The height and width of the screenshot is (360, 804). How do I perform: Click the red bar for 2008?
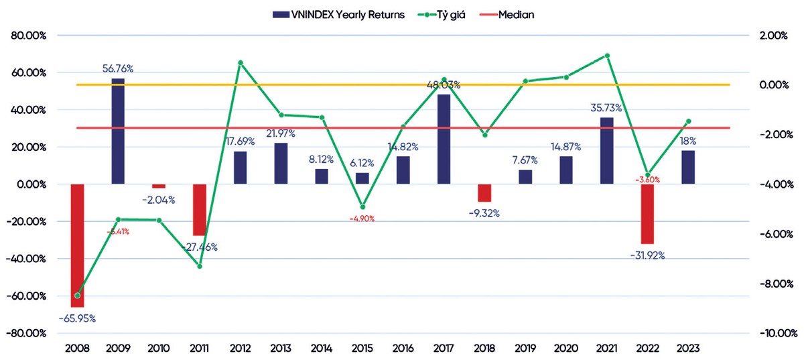pyautogui.click(x=77, y=245)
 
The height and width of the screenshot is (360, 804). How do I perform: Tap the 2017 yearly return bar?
pyautogui.click(x=444, y=139)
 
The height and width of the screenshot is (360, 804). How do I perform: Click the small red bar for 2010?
pyautogui.click(x=158, y=186)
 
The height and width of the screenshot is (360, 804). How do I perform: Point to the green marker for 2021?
pyautogui.click(x=607, y=56)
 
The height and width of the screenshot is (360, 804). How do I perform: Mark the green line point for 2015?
pyautogui.click(x=362, y=207)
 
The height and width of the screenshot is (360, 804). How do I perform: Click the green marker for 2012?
pyautogui.click(x=240, y=63)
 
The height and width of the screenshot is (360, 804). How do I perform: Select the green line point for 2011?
pyautogui.click(x=200, y=266)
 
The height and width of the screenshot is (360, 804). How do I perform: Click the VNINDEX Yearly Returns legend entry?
pyautogui.click(x=339, y=14)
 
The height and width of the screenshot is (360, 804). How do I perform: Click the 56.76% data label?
pyautogui.click(x=118, y=68)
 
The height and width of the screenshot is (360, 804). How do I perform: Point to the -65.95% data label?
pyautogui.click(x=77, y=318)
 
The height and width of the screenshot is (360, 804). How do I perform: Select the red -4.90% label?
pyautogui.click(x=362, y=219)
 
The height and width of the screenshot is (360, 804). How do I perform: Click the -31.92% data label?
pyautogui.click(x=647, y=255)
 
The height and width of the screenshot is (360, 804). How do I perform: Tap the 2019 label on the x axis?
pyautogui.click(x=525, y=349)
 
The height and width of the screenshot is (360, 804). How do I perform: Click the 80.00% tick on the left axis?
pyautogui.click(x=25, y=36)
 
